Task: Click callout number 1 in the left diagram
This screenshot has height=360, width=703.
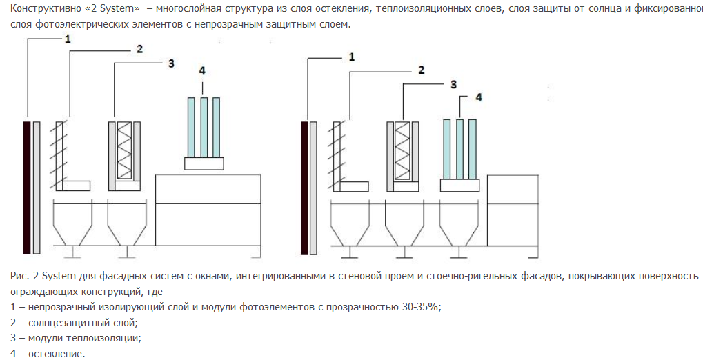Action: [68, 39]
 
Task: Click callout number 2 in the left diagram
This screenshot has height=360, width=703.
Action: [139, 49]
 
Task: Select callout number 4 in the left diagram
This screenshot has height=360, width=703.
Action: [202, 72]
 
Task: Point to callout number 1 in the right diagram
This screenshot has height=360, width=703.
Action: [352, 57]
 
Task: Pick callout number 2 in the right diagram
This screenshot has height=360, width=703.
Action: [421, 70]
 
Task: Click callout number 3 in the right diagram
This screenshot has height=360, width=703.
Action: [454, 83]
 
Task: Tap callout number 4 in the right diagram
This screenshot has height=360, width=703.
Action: [479, 98]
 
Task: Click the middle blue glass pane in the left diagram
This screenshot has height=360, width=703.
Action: [204, 127]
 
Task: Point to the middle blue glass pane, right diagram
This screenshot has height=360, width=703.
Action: [459, 148]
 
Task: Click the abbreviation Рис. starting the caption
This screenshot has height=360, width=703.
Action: [19, 276]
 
